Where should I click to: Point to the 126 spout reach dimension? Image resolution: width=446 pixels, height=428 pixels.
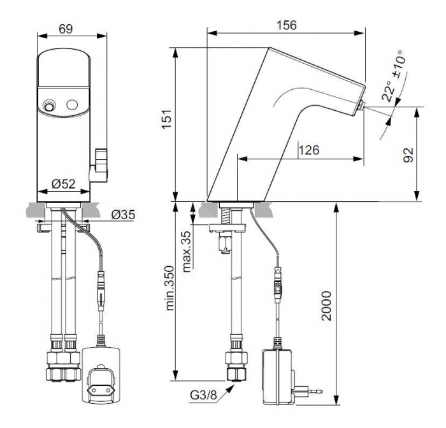point(309,150)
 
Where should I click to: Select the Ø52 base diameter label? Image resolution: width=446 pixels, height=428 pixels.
point(64,183)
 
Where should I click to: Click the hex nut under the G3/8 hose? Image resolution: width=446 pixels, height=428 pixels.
point(236,373)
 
